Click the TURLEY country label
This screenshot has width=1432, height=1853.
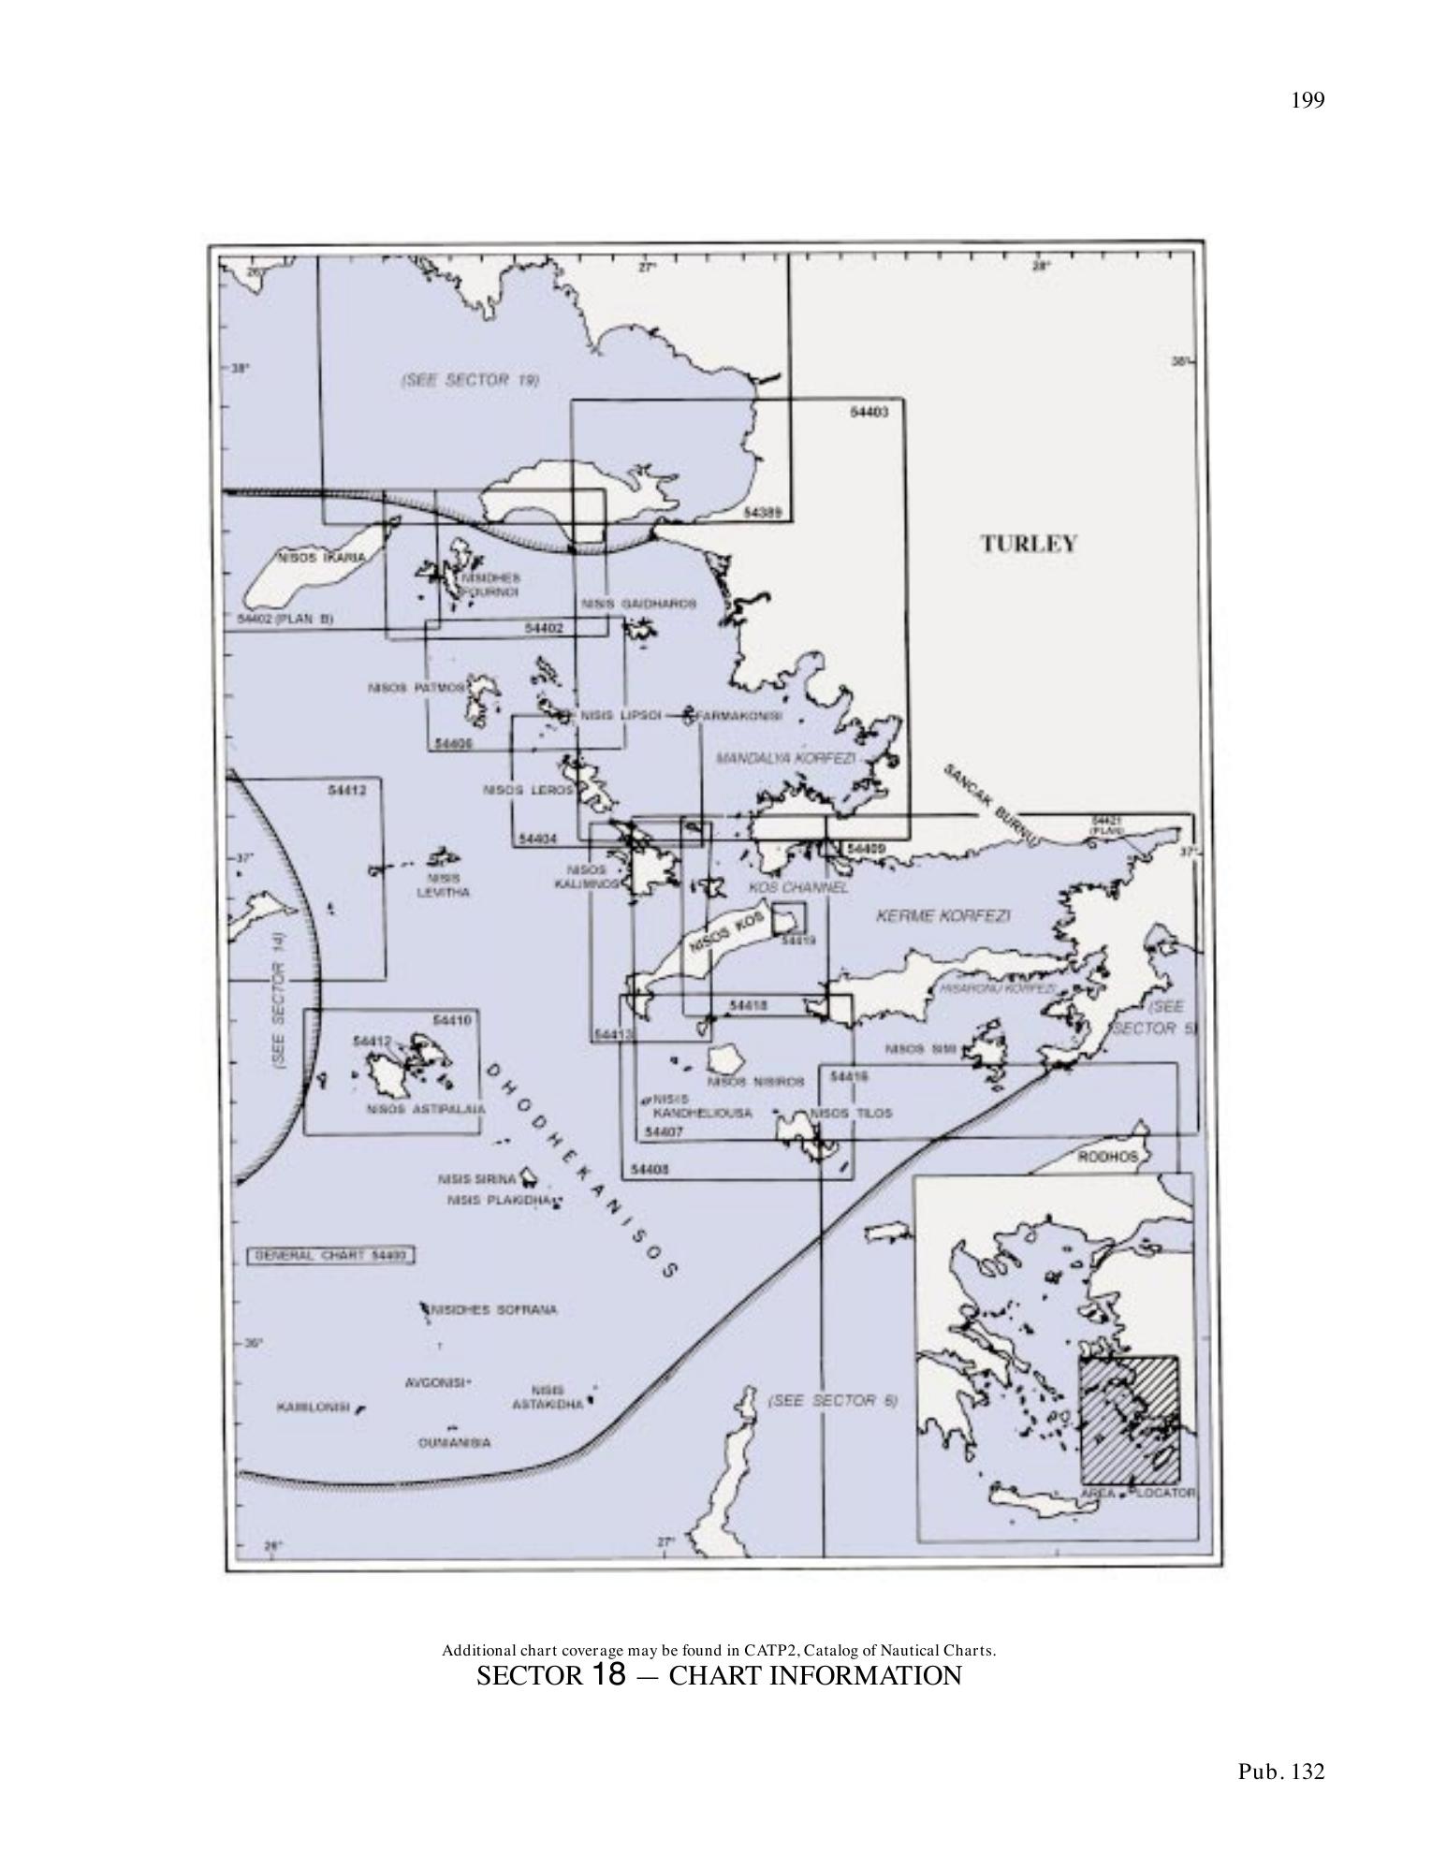pyautogui.click(x=1029, y=544)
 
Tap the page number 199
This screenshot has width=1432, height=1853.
pyautogui.click(x=1308, y=101)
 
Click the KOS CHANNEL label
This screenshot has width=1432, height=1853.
pyautogui.click(x=797, y=887)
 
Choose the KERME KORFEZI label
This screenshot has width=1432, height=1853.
pyautogui.click(x=942, y=915)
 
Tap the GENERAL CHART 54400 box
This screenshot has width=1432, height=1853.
pyautogui.click(x=330, y=1256)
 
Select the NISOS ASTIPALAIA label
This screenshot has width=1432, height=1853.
pyautogui.click(x=426, y=1110)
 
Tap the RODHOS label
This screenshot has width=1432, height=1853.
pyautogui.click(x=1108, y=1157)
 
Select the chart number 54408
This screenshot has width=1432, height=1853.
pyautogui.click(x=650, y=1169)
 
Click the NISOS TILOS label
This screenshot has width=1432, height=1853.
pyautogui.click(x=850, y=1113)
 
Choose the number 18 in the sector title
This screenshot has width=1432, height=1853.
pyautogui.click(x=608, y=1674)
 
